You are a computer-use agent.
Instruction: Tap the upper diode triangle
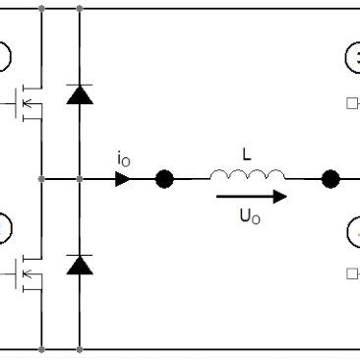pyautogui.click(x=79, y=94)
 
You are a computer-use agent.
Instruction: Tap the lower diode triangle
pyautogui.click(x=79, y=264)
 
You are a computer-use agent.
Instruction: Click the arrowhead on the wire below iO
pyautogui.click(x=123, y=179)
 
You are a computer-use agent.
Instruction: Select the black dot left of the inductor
pyautogui.click(x=164, y=179)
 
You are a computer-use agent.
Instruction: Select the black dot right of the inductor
pyautogui.click(x=331, y=179)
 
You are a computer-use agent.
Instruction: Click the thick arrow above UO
pyautogui.click(x=252, y=196)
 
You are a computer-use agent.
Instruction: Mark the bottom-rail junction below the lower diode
pyautogui.click(x=79, y=348)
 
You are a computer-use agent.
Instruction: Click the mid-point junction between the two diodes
pyautogui.click(x=79, y=179)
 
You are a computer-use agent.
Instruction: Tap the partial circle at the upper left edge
pyautogui.click(x=4, y=58)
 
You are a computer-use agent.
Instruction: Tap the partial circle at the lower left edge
pyautogui.click(x=4, y=232)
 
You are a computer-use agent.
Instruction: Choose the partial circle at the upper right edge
pyautogui.click(x=353, y=59)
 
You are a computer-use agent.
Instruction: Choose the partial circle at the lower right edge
pyautogui.click(x=353, y=233)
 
